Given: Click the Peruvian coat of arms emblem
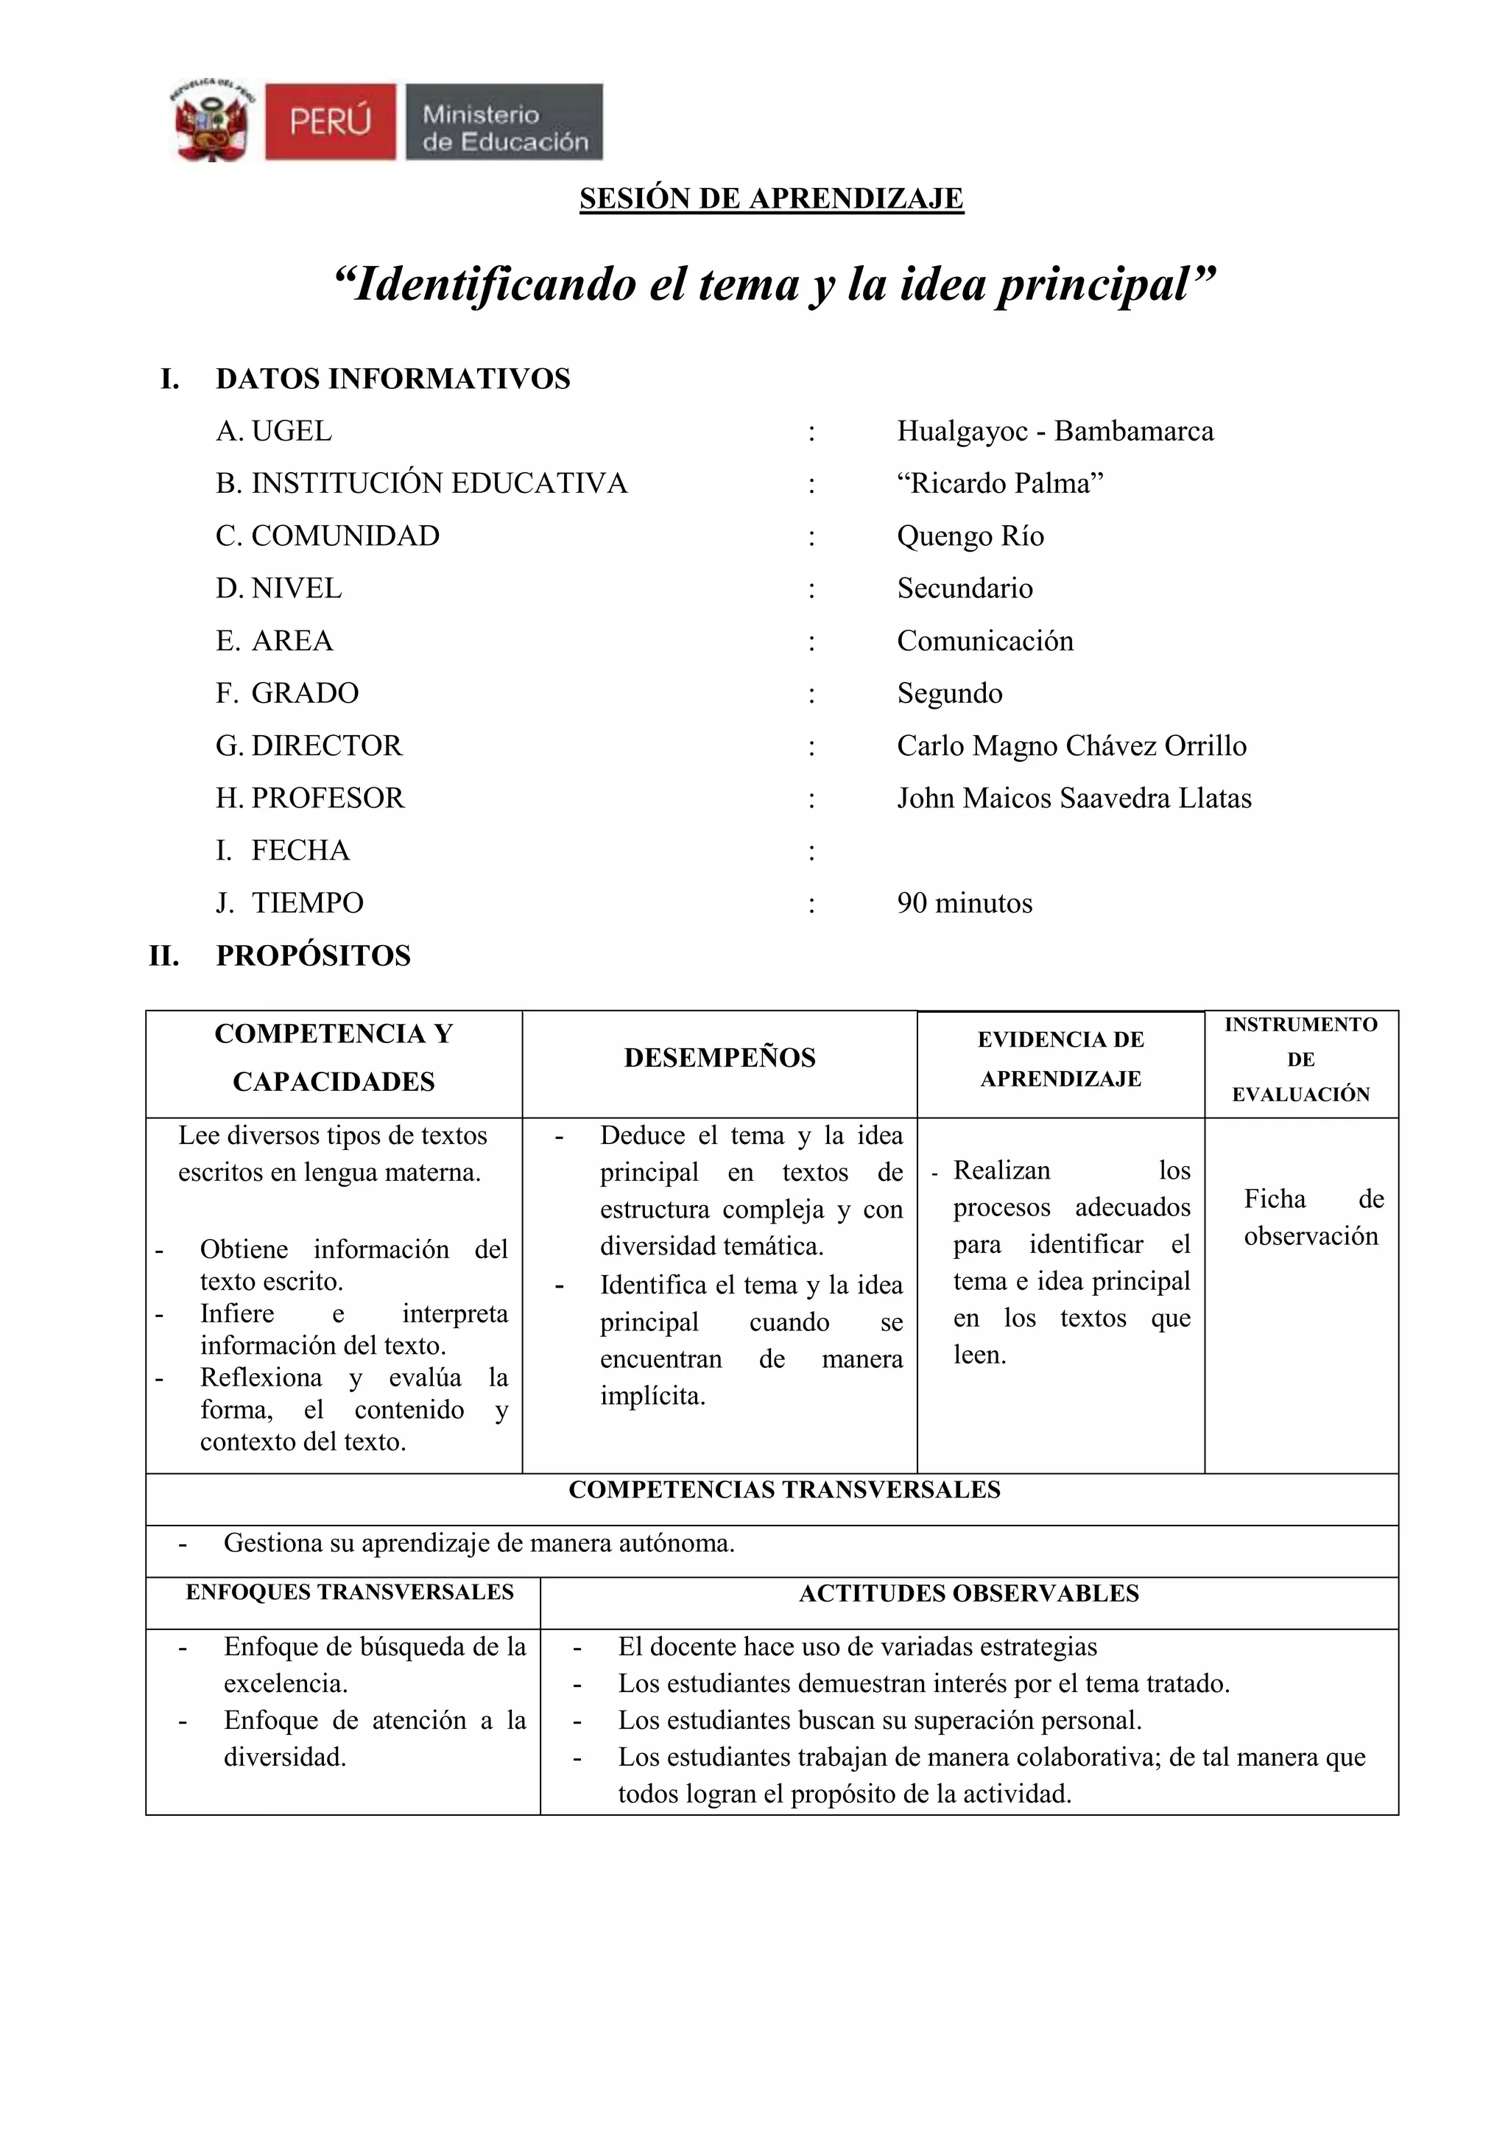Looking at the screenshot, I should click(212, 121).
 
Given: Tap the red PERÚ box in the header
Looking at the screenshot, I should click(330, 122).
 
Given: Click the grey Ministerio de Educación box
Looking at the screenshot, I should click(504, 122).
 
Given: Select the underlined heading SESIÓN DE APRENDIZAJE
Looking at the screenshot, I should click(771, 198).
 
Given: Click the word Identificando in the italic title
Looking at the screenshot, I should click(484, 284).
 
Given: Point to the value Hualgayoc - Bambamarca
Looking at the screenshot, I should click(1054, 431).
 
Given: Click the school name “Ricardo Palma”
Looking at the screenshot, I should click(1000, 483).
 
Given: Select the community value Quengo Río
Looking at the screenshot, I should click(970, 536).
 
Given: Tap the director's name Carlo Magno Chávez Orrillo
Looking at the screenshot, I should click(1071, 745).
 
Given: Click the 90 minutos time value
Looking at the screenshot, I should click(965, 903).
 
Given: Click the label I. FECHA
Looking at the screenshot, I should click(283, 851).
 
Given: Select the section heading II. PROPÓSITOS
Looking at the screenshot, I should click(280, 955).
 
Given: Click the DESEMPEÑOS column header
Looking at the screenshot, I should click(719, 1058).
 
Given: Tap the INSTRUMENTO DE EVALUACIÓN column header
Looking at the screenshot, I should click(1301, 1059).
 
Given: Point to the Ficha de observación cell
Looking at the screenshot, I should click(1311, 1218).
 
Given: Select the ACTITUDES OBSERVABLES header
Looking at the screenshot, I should click(968, 1594).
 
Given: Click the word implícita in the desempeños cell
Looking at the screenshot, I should click(652, 1396).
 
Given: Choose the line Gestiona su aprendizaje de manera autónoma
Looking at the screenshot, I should click(479, 1543).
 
